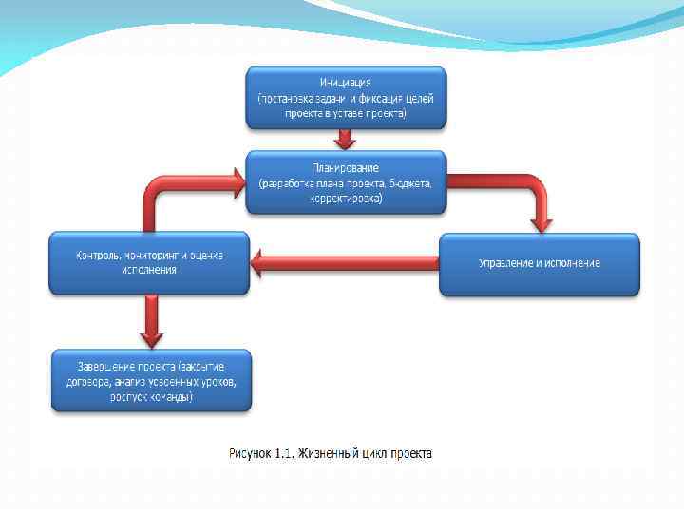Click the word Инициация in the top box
point(346,83)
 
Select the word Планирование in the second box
point(346,169)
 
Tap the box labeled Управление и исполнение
point(539,263)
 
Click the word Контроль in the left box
point(97,256)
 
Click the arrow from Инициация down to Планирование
point(346,139)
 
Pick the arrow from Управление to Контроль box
point(342,263)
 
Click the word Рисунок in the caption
point(249,453)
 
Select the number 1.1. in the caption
point(284,453)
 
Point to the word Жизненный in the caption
point(330,453)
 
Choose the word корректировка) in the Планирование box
point(346,199)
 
